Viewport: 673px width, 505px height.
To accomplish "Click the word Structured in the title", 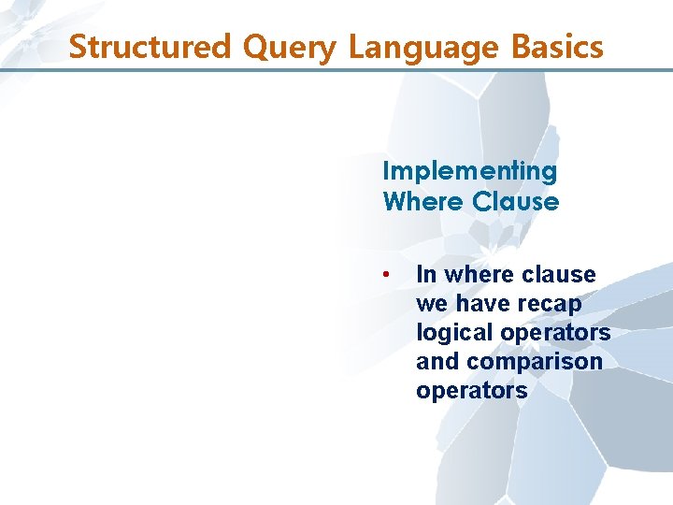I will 134,46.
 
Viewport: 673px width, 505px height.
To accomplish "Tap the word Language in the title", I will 416,47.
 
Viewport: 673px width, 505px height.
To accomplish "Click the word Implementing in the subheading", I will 469,172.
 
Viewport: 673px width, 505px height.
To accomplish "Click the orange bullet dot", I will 385,274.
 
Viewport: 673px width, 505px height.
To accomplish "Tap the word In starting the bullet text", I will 426,274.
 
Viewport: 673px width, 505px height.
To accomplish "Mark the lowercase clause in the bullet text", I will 559,274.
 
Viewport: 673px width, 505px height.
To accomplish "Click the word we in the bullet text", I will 432,304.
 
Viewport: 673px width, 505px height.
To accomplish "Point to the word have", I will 480,304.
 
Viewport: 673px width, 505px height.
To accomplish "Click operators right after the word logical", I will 555,333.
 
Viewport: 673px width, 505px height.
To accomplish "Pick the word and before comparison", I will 437,361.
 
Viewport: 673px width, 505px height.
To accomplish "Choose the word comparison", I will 535,362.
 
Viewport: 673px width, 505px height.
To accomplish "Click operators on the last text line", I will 472,391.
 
